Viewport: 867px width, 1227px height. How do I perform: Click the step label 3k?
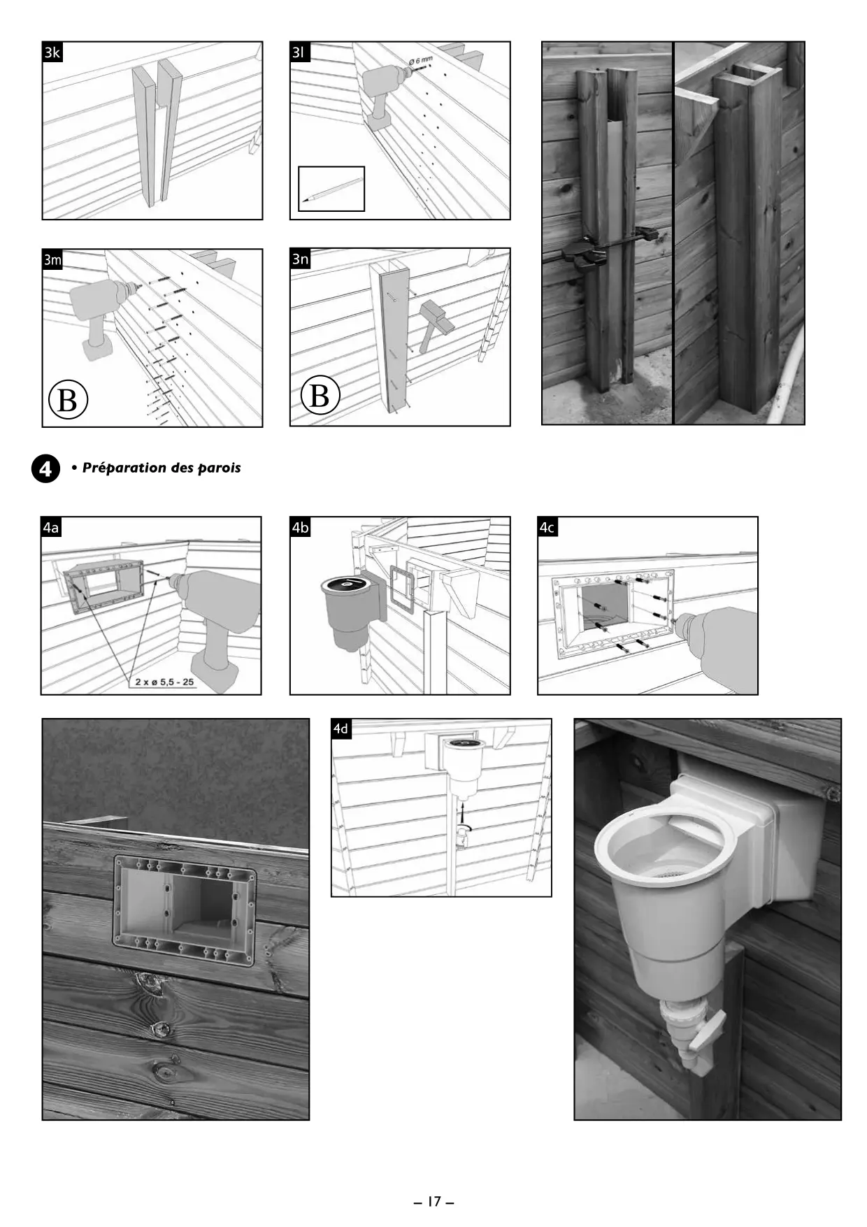(52, 52)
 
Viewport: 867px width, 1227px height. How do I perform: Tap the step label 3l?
(299, 52)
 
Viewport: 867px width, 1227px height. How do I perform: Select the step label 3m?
(52, 260)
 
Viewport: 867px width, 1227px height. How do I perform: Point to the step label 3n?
(300, 259)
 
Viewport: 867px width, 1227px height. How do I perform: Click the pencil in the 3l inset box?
(331, 189)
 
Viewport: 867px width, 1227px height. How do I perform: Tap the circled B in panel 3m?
(68, 400)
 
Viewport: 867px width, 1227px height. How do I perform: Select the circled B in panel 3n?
(320, 395)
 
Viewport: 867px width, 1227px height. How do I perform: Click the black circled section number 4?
(45, 468)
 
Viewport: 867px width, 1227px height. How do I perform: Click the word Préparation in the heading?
(122, 468)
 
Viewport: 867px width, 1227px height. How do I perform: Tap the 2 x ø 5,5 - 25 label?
(165, 682)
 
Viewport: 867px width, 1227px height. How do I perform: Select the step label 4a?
(51, 527)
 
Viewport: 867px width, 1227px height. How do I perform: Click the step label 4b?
(300, 527)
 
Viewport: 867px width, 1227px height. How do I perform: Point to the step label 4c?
(547, 527)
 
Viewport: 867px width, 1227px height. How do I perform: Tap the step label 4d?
(341, 729)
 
